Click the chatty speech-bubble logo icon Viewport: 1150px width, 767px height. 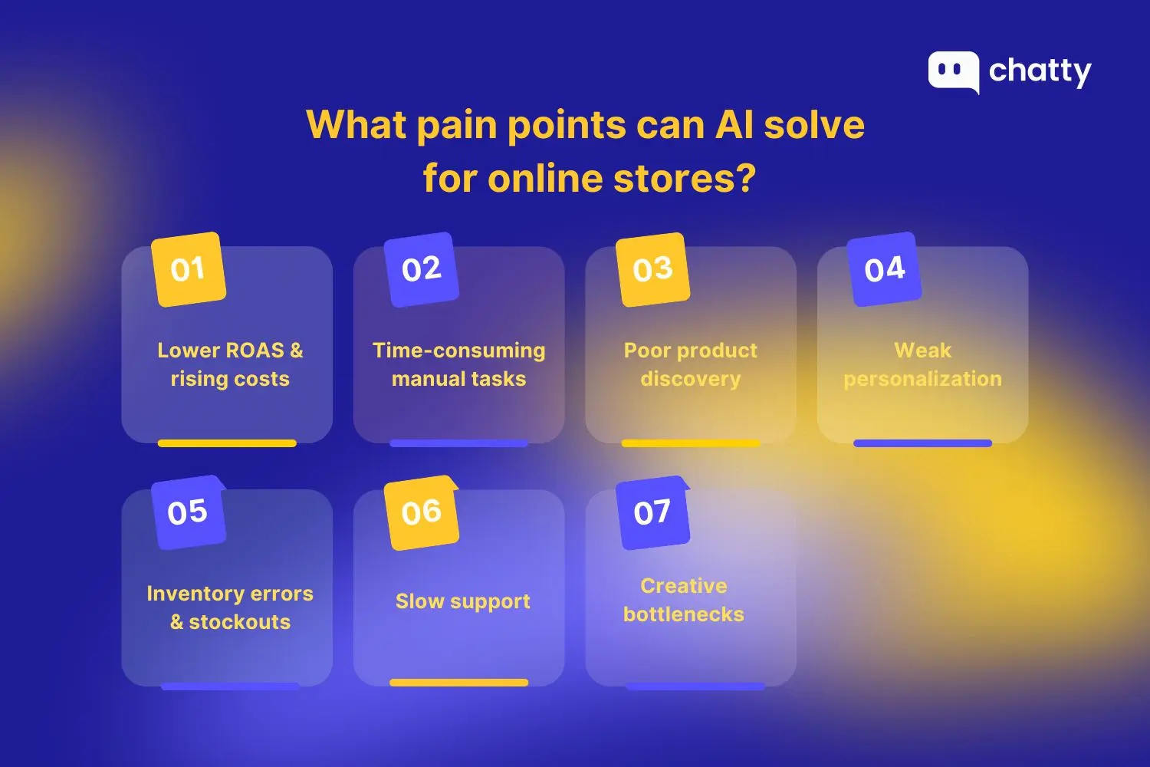[953, 71]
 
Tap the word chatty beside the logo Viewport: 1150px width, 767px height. [1040, 71]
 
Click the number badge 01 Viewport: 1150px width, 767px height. [189, 269]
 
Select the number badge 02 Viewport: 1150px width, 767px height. [421, 269]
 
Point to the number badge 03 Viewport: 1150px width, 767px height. [652, 269]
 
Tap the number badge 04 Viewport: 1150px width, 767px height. [884, 269]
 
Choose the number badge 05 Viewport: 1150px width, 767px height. [188, 512]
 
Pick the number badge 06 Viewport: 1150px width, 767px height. [421, 512]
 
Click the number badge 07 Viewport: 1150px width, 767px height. [652, 512]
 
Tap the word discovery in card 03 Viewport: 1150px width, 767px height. [690, 379]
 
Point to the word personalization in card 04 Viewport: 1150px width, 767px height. [922, 379]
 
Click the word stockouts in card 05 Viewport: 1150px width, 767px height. [239, 622]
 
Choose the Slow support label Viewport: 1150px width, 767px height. [462, 601]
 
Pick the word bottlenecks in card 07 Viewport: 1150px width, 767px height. [683, 614]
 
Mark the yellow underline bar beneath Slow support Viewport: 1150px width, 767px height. [458, 682]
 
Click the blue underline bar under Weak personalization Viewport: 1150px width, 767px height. [922, 443]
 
